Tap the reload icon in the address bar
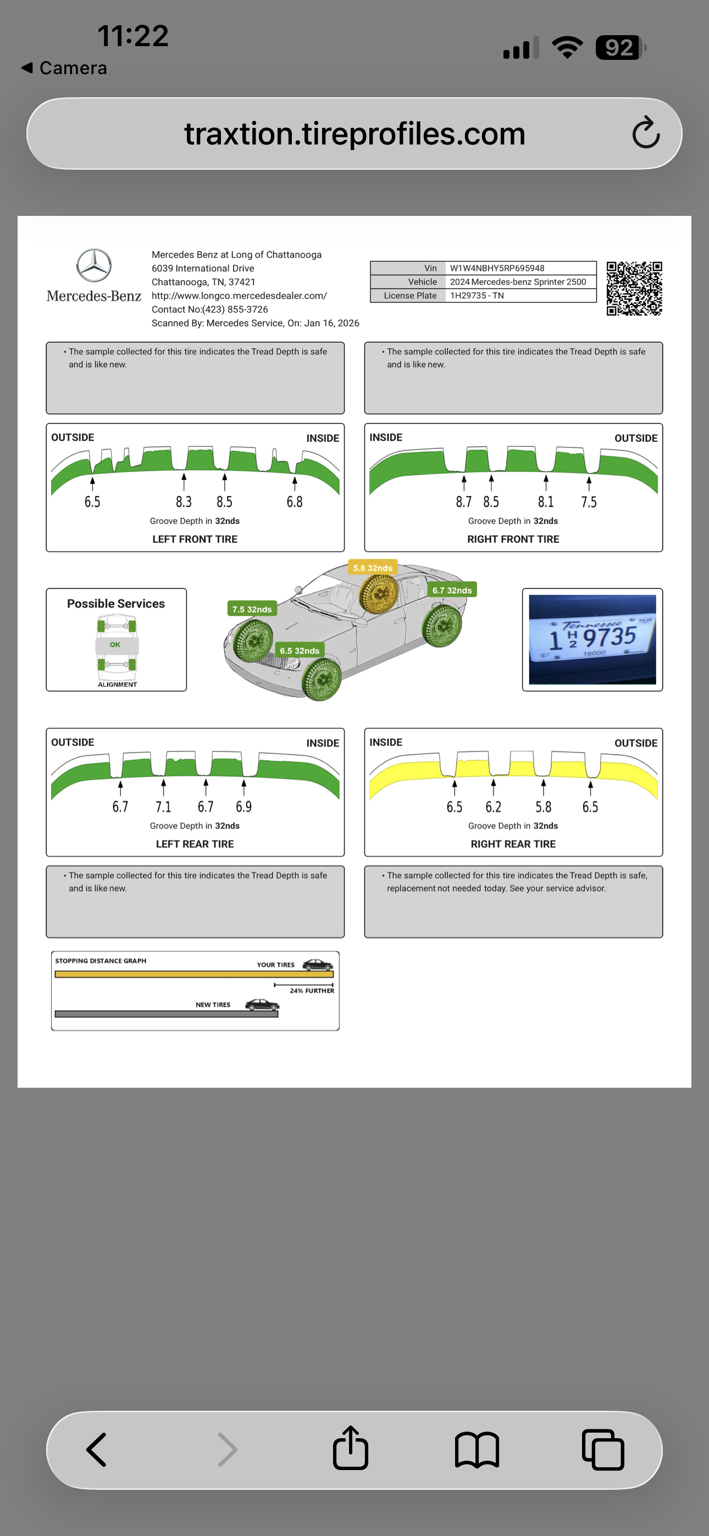(x=646, y=133)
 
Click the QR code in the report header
(x=634, y=288)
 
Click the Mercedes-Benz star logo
(x=93, y=265)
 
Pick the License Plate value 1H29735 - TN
(x=477, y=296)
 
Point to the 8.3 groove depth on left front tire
(x=184, y=502)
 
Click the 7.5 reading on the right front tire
(x=589, y=502)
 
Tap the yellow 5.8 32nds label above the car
(x=373, y=567)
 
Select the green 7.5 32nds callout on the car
(x=252, y=609)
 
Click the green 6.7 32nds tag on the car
(x=452, y=589)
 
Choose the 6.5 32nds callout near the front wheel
(x=300, y=650)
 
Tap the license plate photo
(x=592, y=639)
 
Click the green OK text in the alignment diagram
(x=115, y=644)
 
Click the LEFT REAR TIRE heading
(x=195, y=844)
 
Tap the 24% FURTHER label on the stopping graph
(x=312, y=990)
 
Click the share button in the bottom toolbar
(x=350, y=1448)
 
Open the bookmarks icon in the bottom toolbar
(x=477, y=1449)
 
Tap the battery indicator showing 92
(x=619, y=48)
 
